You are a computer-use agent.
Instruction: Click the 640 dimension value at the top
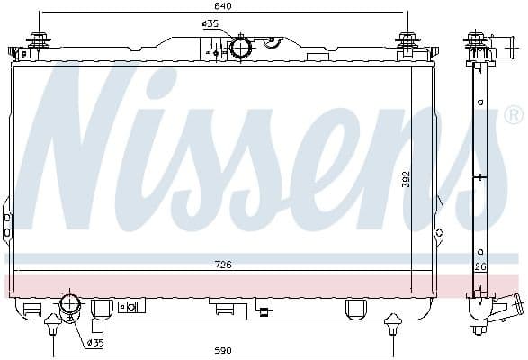221,5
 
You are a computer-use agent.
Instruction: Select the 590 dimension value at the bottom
222,350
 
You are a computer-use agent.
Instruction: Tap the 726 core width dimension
222,265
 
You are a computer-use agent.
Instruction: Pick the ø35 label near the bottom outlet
95,342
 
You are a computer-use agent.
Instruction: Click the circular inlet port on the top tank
241,47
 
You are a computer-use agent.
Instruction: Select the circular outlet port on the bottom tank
69,305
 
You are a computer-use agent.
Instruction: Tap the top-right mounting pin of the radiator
407,41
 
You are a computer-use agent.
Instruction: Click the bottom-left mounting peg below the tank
53,320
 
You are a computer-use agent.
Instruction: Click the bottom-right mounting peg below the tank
392,320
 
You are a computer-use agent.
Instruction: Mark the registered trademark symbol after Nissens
513,116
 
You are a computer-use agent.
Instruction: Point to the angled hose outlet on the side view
509,309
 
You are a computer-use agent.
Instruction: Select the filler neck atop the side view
479,41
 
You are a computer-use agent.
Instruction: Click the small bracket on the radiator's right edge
438,231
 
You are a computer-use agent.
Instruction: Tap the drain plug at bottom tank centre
263,311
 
